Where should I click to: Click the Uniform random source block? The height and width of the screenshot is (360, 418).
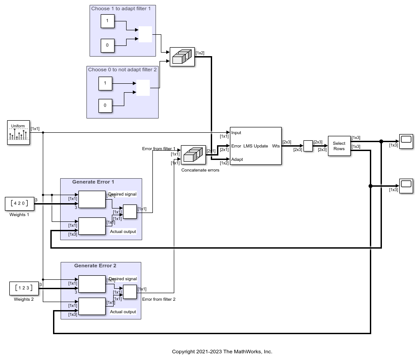[x=18, y=132]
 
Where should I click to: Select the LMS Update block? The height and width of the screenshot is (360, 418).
[x=255, y=146]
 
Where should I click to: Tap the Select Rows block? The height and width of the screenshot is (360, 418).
[x=339, y=146]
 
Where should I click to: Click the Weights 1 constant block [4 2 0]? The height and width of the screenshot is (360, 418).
[x=20, y=204]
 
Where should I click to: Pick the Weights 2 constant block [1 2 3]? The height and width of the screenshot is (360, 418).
[x=24, y=288]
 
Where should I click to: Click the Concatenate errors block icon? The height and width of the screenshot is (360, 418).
[x=193, y=155]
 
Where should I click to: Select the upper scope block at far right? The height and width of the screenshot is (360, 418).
[x=406, y=141]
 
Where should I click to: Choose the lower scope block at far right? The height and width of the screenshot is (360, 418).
[x=406, y=185]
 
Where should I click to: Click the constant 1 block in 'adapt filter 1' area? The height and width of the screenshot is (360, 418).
[x=107, y=21]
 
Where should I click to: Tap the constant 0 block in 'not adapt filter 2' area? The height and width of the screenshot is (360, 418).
[x=105, y=106]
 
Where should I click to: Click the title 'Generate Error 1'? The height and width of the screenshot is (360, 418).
[x=93, y=182]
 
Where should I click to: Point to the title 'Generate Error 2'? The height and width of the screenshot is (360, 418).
[x=95, y=266]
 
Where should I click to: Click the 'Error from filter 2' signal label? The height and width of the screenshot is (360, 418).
[x=159, y=299]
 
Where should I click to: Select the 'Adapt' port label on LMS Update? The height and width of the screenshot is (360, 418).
[x=237, y=159]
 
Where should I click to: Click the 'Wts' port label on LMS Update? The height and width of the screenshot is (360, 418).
[x=276, y=146]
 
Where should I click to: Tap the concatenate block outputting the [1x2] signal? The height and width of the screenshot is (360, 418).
[x=182, y=57]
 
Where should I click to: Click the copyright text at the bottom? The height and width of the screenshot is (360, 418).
[x=222, y=352]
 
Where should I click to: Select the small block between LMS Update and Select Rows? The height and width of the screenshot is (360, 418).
[x=308, y=146]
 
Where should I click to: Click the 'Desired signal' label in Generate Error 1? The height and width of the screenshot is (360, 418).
[x=122, y=194]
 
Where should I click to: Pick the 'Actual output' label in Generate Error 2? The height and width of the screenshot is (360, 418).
[x=123, y=311]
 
